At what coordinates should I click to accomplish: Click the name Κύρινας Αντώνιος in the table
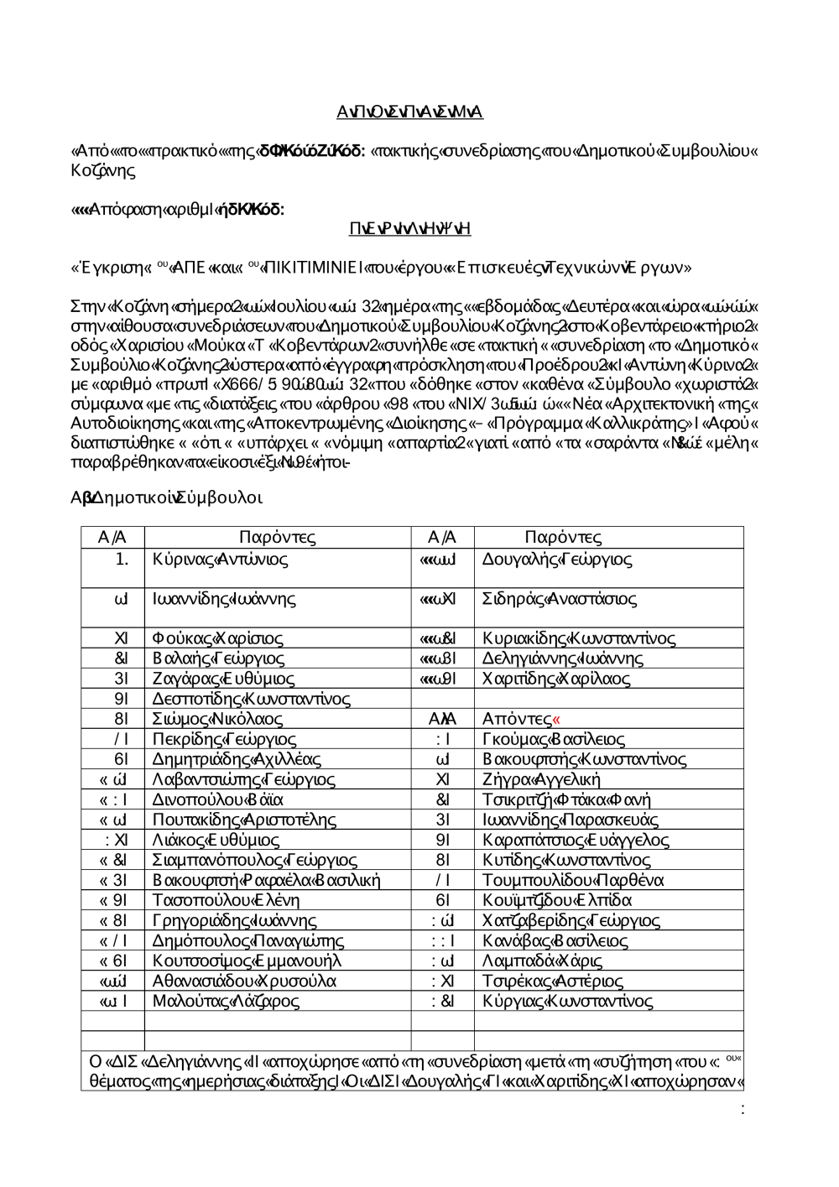point(221,560)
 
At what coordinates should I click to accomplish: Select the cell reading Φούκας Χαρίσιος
point(218,638)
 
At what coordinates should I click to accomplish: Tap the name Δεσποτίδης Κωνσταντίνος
point(252,699)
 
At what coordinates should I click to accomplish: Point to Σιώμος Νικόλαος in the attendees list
point(218,719)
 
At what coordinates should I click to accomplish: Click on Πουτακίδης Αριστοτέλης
point(244,820)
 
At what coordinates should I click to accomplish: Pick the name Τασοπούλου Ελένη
point(226,900)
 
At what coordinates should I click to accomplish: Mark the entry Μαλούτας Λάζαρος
point(226,1001)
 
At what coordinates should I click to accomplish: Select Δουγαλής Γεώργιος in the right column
point(557,560)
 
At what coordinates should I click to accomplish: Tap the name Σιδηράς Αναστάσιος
point(560,599)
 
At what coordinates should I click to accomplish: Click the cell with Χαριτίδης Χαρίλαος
point(556,679)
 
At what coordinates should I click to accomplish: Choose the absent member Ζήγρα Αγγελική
point(541,779)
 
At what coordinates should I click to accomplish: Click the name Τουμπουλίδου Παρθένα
point(573,880)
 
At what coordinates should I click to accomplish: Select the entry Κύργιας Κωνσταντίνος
point(568,1001)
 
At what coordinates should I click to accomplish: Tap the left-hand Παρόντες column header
point(278,538)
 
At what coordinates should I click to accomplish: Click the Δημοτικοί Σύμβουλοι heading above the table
point(167,498)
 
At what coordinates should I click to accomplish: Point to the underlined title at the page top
point(410,112)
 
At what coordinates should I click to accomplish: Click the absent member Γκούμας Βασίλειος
point(554,739)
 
